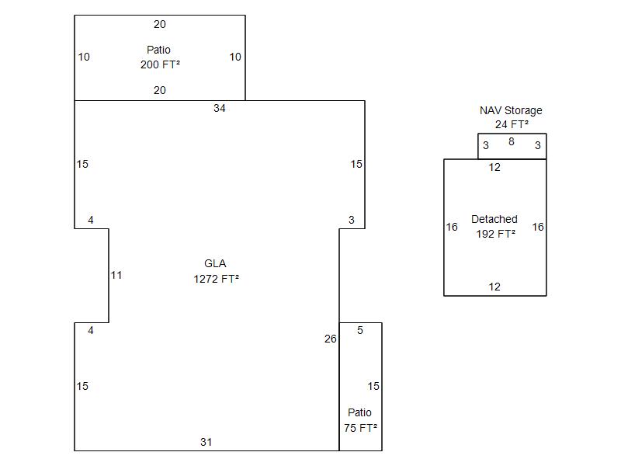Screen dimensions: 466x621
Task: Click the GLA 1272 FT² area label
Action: click(x=216, y=271)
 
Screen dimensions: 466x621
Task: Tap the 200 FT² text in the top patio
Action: click(x=160, y=64)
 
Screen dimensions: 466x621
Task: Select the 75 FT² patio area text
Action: click(x=361, y=427)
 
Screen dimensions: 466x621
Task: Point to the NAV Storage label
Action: click(x=511, y=110)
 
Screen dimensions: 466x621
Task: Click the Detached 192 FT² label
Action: click(x=494, y=226)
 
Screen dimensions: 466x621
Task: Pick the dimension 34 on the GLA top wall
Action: click(x=220, y=108)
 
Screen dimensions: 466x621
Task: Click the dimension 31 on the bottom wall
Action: click(x=206, y=442)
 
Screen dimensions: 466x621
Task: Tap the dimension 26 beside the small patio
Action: click(x=331, y=339)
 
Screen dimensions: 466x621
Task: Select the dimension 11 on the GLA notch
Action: click(x=116, y=275)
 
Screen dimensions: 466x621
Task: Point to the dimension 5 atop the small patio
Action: click(x=360, y=330)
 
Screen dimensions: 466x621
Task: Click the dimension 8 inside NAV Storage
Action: click(x=511, y=142)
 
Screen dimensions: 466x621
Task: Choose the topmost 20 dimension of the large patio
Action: click(x=159, y=24)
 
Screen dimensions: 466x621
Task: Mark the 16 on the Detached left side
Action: click(x=452, y=227)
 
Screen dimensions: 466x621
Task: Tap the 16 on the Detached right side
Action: click(x=538, y=227)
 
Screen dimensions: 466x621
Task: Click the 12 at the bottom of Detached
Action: click(x=494, y=287)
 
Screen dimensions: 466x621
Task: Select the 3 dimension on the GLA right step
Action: click(x=352, y=220)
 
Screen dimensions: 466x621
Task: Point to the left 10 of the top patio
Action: click(x=84, y=57)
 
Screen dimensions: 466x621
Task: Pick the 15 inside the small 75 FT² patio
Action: click(x=373, y=386)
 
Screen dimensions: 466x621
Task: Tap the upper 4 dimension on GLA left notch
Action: click(x=91, y=220)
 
